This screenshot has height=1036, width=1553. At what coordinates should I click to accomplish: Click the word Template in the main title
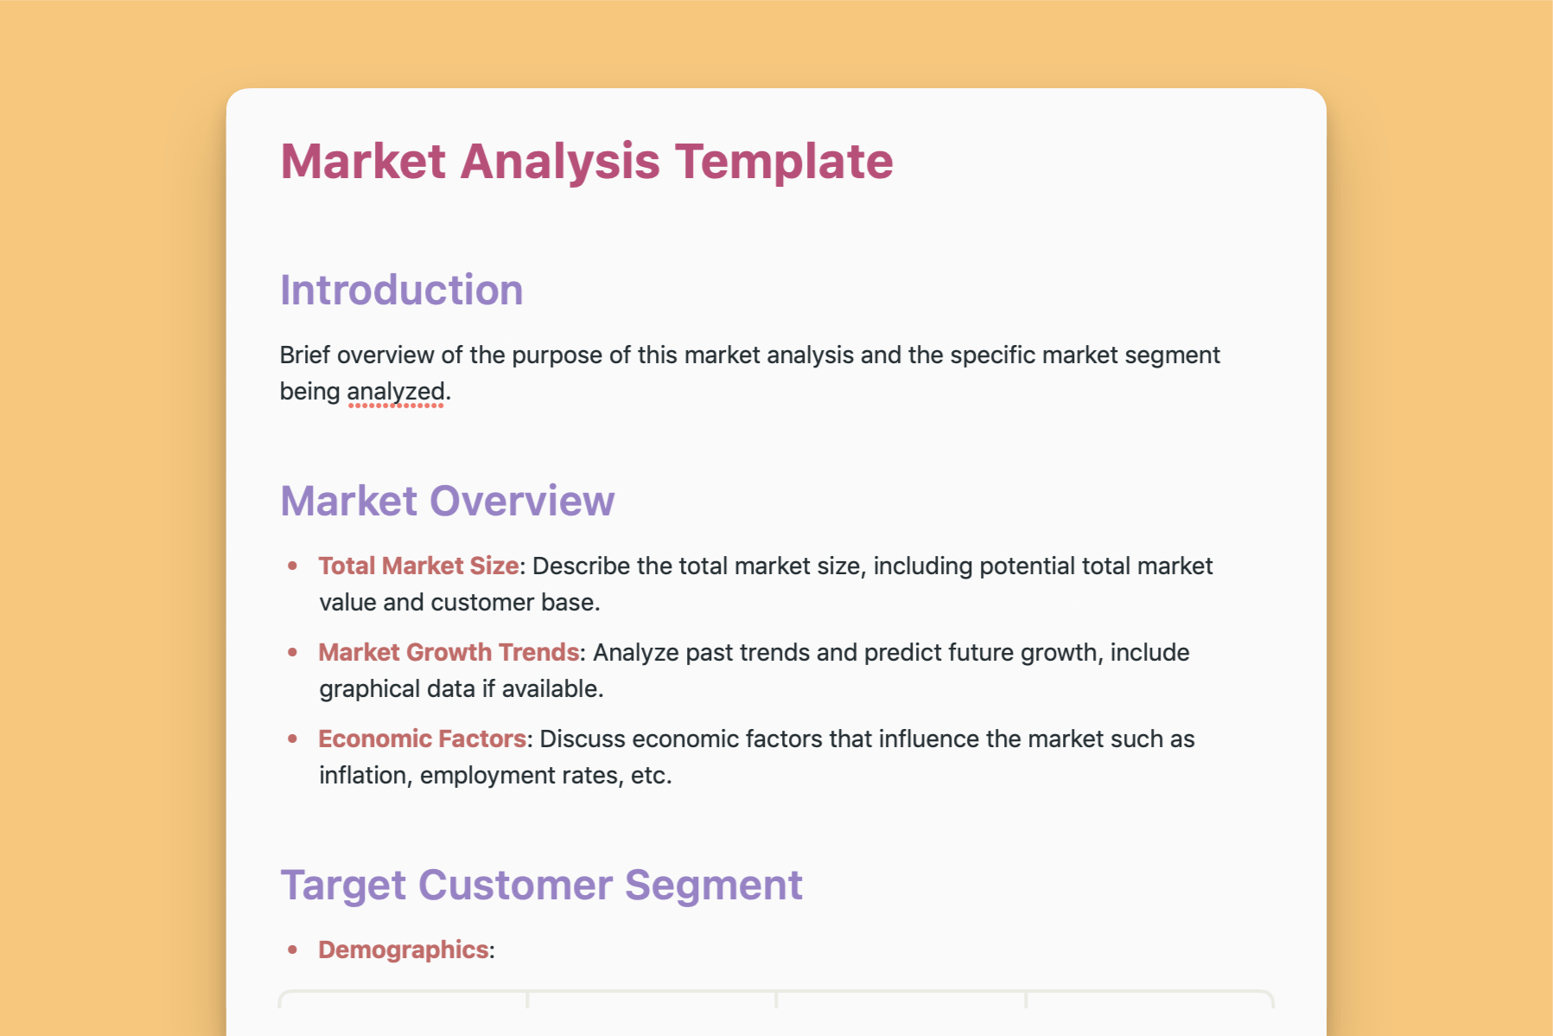(784, 162)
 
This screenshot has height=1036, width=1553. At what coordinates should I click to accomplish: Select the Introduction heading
(401, 291)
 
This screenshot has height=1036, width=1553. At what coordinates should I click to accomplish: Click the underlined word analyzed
(396, 392)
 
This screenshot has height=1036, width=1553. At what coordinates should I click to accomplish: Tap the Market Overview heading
(447, 502)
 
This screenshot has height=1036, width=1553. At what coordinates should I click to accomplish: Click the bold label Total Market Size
(418, 566)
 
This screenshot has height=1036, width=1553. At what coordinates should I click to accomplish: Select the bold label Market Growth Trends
(449, 653)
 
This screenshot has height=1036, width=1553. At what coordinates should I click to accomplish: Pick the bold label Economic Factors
(422, 739)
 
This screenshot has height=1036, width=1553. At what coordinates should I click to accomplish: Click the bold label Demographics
(404, 950)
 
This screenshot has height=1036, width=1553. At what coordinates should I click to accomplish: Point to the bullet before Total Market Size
(293, 566)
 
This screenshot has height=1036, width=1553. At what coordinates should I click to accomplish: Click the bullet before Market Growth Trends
(293, 653)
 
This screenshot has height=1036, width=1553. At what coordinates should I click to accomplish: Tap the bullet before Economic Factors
(293, 739)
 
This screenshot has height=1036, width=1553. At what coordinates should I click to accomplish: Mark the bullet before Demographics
(293, 950)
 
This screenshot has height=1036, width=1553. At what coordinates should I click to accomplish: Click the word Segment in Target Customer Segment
(713, 886)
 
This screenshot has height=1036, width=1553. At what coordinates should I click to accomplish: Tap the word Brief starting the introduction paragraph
(305, 355)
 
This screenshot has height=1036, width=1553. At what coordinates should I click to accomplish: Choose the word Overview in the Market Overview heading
(521, 502)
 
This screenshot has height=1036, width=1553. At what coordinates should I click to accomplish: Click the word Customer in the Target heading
(516, 886)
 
